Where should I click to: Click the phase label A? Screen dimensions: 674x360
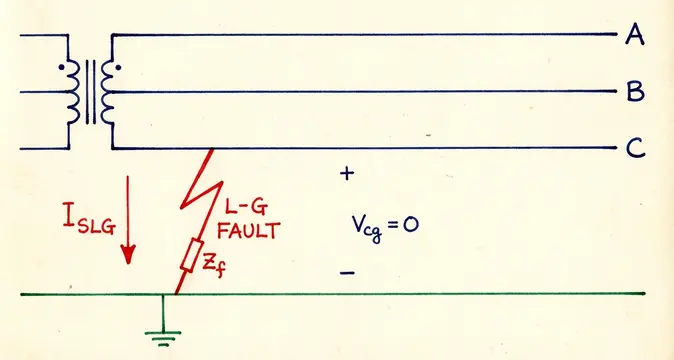point(634,36)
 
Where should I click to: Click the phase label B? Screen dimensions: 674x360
point(634,93)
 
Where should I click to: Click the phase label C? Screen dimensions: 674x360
point(635,150)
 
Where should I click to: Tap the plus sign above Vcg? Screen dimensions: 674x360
point(347,174)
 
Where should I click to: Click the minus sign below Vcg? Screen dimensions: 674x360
point(347,271)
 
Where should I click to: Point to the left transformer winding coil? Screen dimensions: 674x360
point(74,92)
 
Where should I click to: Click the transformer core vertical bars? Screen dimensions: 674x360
point(91,92)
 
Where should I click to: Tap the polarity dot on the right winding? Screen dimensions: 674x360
point(119,70)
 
